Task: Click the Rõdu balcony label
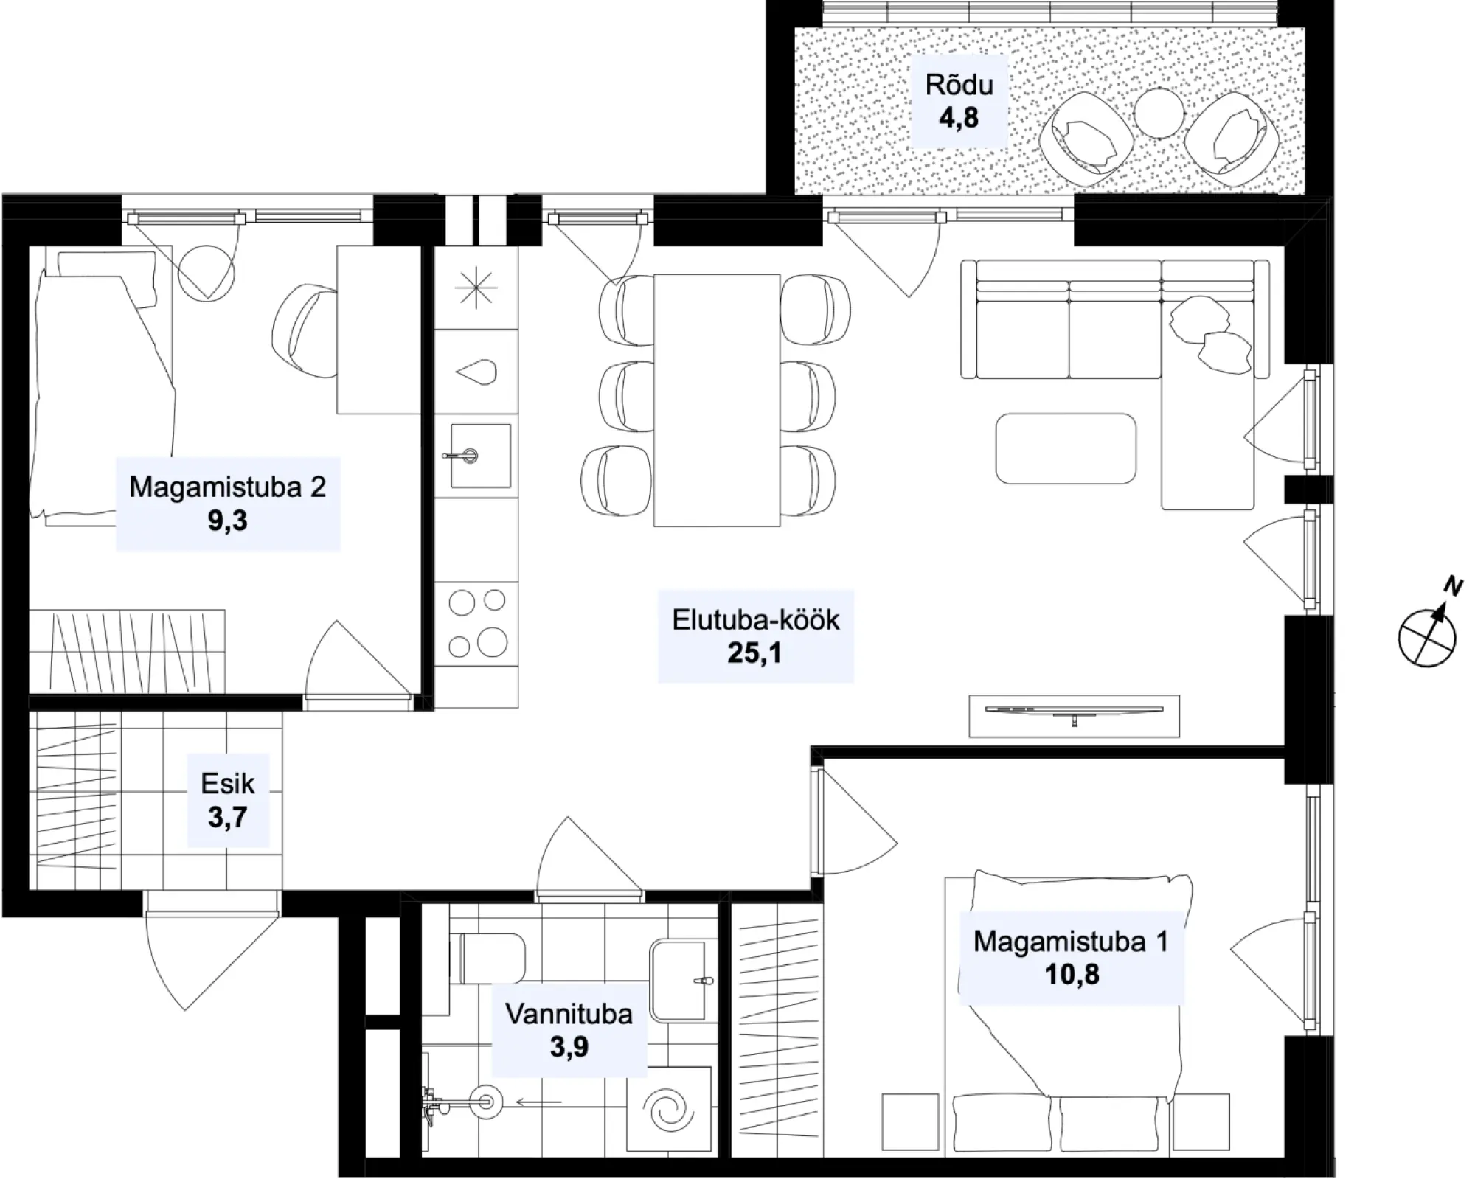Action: click(x=959, y=85)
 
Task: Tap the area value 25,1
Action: click(x=754, y=653)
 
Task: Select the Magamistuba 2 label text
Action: click(x=227, y=487)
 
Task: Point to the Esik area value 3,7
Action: click(x=227, y=817)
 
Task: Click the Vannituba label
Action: click(x=569, y=1014)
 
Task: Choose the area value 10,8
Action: click(x=1072, y=974)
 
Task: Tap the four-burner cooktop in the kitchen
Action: click(x=476, y=623)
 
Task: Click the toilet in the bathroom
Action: click(x=487, y=959)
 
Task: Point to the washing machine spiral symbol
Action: click(x=668, y=1108)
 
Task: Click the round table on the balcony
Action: click(x=1159, y=113)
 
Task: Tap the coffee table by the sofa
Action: click(x=1066, y=448)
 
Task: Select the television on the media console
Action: click(x=1074, y=712)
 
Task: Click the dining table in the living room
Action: click(x=717, y=400)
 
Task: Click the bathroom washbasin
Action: click(x=682, y=980)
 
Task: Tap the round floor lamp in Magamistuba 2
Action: click(x=208, y=272)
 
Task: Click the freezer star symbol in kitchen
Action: click(x=476, y=288)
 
